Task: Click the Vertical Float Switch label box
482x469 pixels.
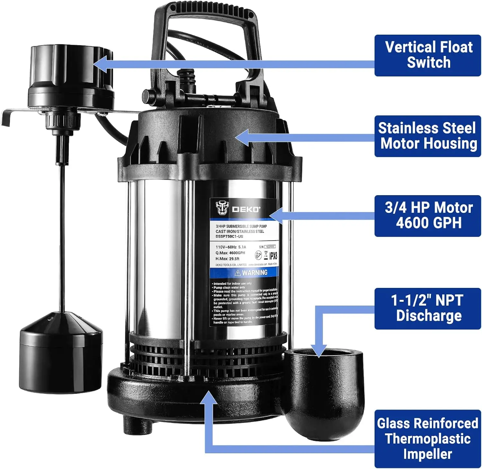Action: [x=427, y=55]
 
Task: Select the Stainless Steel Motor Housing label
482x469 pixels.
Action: [x=427, y=136]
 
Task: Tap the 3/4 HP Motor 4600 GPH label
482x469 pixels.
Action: [x=427, y=216]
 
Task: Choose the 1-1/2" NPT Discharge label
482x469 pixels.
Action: [x=427, y=308]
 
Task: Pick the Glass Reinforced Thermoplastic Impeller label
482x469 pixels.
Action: [x=427, y=439]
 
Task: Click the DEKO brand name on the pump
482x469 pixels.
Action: [x=246, y=209]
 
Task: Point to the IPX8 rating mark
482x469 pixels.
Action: [x=273, y=256]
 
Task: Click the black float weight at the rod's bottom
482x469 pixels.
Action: [x=61, y=353]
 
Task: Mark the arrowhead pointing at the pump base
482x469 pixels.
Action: [x=209, y=398]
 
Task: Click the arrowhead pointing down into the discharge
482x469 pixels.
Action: [x=318, y=352]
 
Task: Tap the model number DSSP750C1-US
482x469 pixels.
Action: [x=229, y=236]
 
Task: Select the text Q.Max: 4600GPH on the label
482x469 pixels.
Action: [x=230, y=253]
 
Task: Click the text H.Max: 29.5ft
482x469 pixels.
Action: [x=227, y=259]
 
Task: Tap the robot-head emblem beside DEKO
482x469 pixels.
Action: [x=221, y=208]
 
